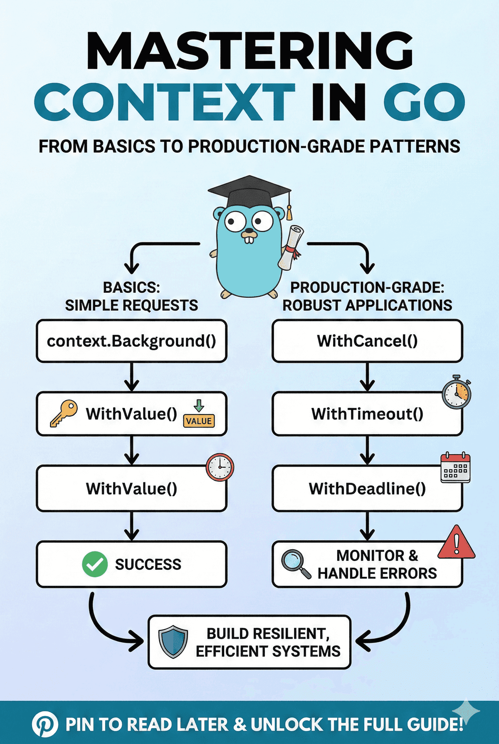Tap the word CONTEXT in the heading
pos(165,102)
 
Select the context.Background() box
pos(131,341)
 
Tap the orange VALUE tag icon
pos(199,420)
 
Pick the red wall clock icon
pos(220,467)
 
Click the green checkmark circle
pos(95,564)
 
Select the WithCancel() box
pos(367,341)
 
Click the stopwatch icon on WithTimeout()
pos(456,393)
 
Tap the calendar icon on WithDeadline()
pos(455,468)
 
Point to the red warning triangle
pos(456,543)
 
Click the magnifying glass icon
pos(295,564)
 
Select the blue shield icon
pos(173,642)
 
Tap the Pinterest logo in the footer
pos(45,725)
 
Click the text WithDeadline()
pos(367,489)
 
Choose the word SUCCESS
pos(148,564)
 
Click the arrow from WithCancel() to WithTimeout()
pos(367,377)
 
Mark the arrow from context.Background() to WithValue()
pos(131,377)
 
